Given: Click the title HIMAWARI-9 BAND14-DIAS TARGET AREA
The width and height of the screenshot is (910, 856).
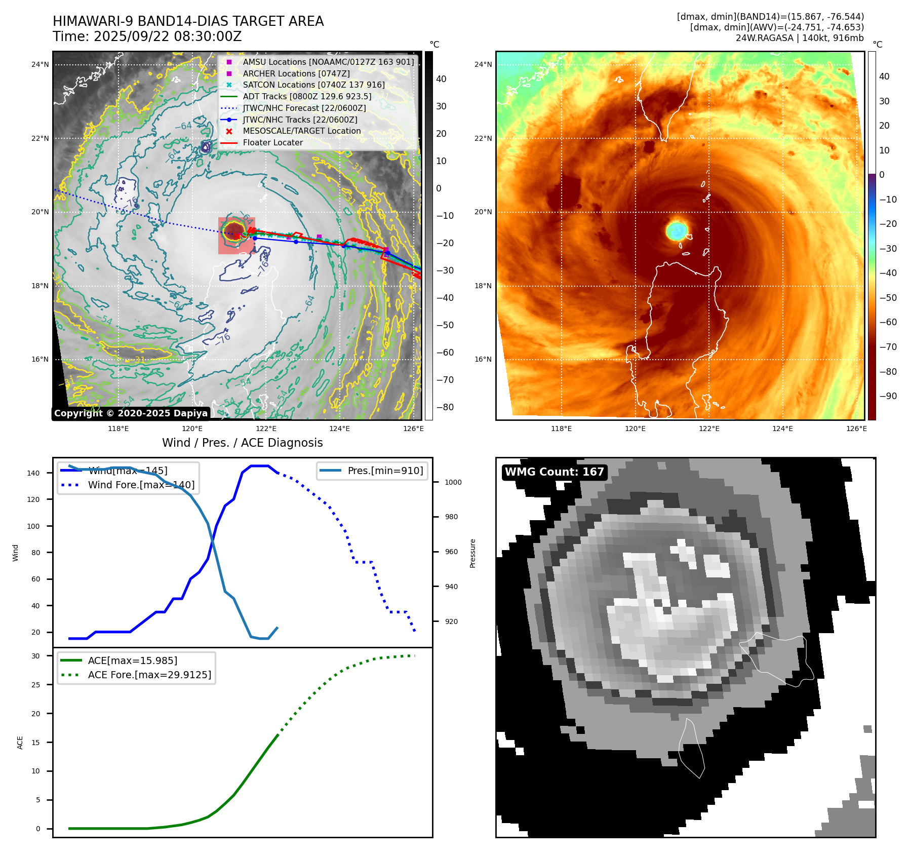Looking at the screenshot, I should point(188,21).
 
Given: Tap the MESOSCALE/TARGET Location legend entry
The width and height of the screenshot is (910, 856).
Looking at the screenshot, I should point(301,131).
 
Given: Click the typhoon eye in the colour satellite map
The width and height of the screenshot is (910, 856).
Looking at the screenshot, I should point(677,230).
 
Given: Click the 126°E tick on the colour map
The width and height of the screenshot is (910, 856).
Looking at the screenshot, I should point(856,429).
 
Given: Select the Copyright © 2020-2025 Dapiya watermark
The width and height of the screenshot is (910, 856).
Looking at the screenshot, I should point(131,413).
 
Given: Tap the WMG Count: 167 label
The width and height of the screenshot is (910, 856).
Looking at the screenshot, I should point(554,472).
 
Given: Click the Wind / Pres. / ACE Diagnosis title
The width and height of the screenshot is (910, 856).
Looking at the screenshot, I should point(242,443).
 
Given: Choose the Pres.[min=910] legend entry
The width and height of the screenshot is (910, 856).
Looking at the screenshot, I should point(385,471).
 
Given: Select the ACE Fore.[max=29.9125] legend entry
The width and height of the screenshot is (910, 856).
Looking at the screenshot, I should point(149,675).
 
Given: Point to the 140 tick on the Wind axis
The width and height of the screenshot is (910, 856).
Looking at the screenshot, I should point(33,473).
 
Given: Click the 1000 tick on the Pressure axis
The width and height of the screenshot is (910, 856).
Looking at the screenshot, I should point(453,482).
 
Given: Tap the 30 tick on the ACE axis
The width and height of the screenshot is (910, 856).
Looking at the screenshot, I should point(36,656).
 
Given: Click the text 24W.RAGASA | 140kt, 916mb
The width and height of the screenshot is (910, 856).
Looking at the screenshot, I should point(800,38).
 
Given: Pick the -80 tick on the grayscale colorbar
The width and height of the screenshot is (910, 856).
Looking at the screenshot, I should point(445,407).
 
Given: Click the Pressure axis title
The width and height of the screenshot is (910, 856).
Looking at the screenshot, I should point(472,553).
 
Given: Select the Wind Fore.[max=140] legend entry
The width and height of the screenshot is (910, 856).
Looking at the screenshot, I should point(141,485).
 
